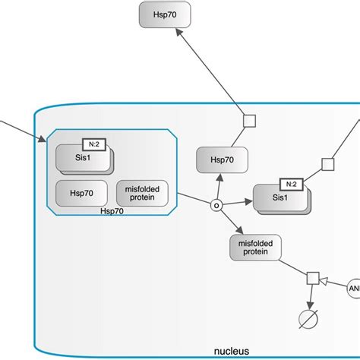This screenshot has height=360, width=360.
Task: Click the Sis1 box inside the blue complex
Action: pos(82,160)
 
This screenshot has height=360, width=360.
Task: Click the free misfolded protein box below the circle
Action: pos(254,247)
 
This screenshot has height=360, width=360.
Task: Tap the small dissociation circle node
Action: pos(215,205)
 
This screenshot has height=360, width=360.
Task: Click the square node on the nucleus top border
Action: pos(248,119)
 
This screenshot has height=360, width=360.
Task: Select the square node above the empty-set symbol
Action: pos(311,279)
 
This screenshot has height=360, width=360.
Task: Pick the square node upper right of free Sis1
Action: pos(327,164)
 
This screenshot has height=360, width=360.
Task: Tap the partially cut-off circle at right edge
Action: pos(354,288)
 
